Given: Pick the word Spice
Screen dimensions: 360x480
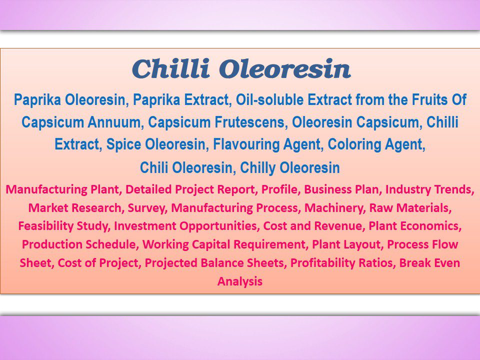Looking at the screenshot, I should (123, 145).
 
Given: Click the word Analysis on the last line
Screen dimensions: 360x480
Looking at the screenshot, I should (239, 281).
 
